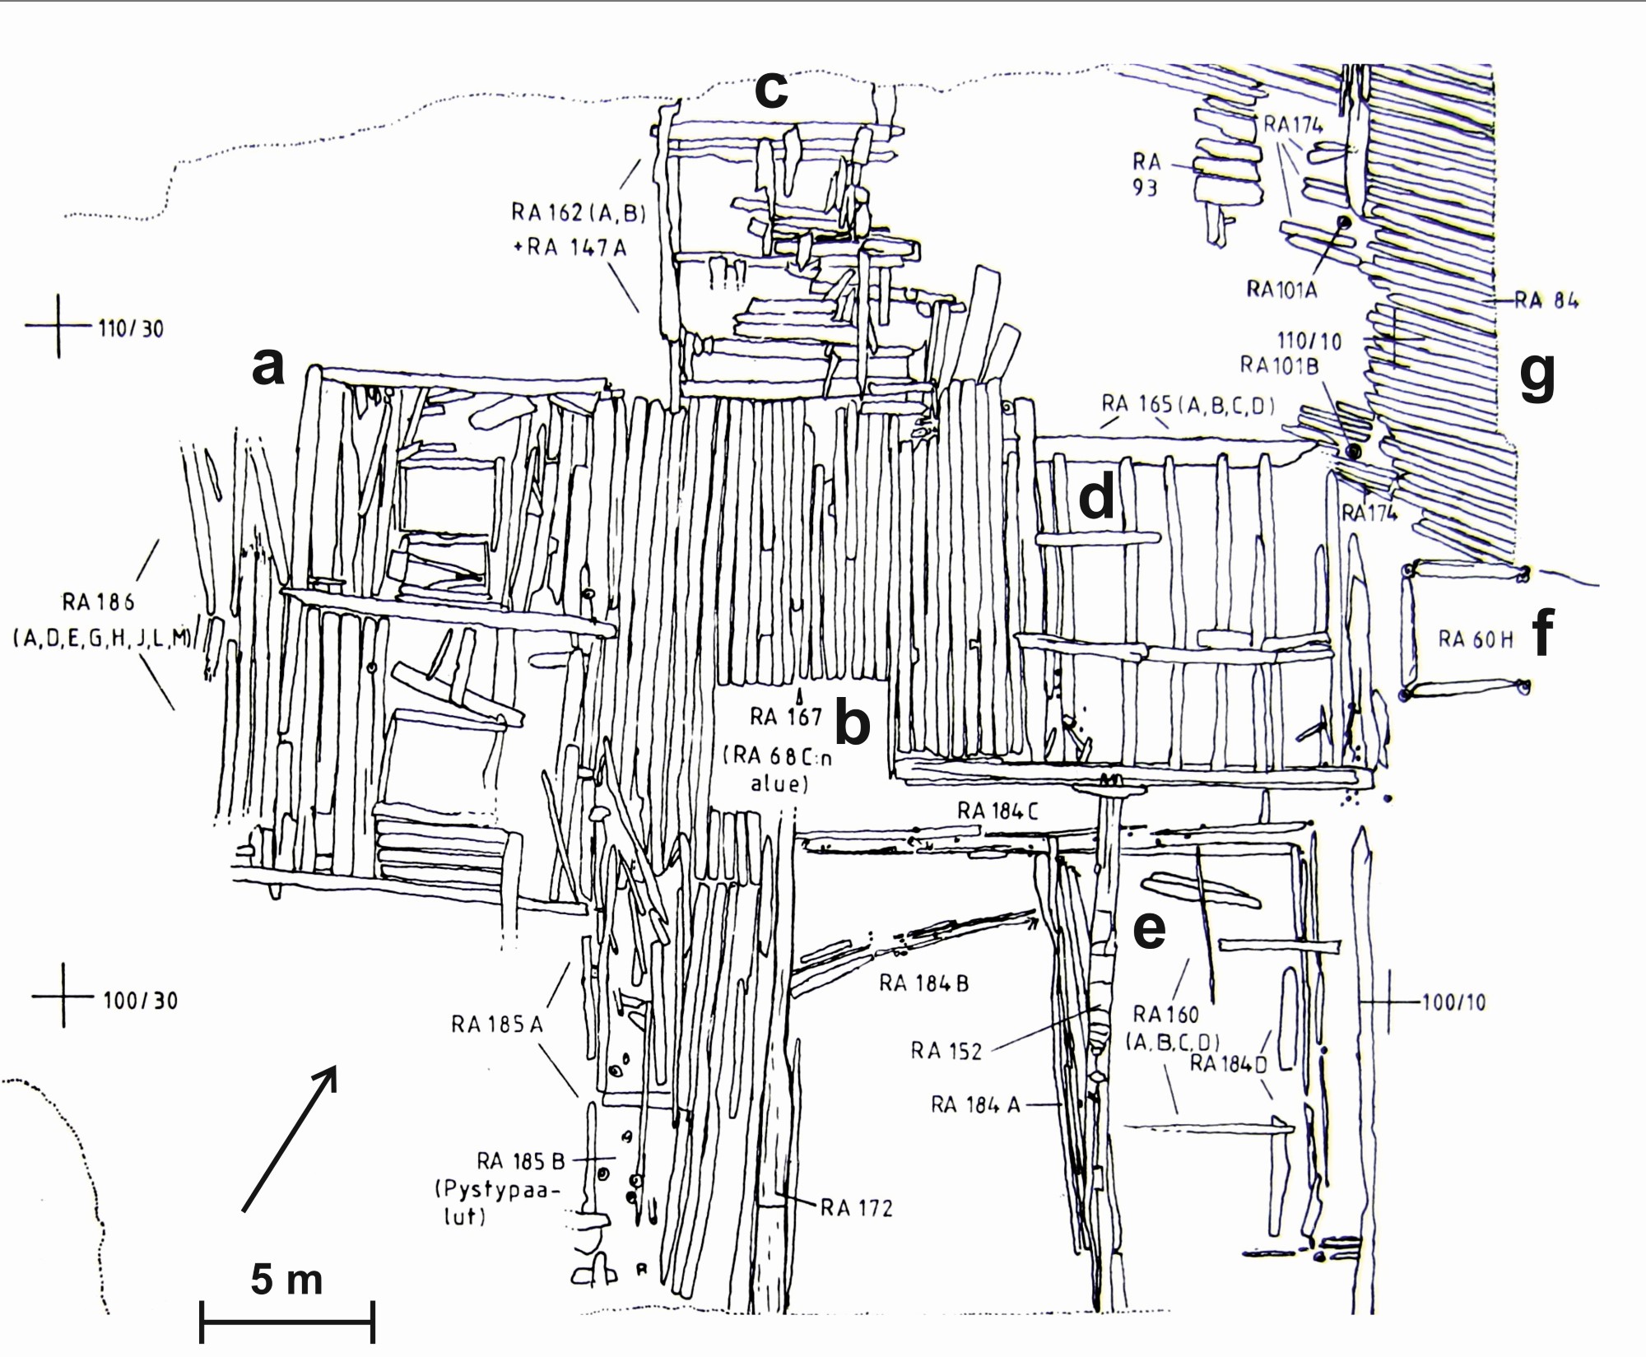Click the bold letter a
[268, 366]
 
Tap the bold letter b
[853, 722]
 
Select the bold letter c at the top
[771, 90]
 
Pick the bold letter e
[1150, 928]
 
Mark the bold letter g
[1537, 374]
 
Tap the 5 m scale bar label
[286, 1280]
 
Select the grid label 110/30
[131, 329]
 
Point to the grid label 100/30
[140, 1001]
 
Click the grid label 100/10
[1453, 1002]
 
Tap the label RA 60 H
[1475, 639]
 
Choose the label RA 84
[1546, 300]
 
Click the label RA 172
[856, 1208]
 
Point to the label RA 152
[946, 1051]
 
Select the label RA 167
[786, 717]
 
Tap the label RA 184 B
[923, 983]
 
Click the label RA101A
[1281, 289]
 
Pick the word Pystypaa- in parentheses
[491, 1188]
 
